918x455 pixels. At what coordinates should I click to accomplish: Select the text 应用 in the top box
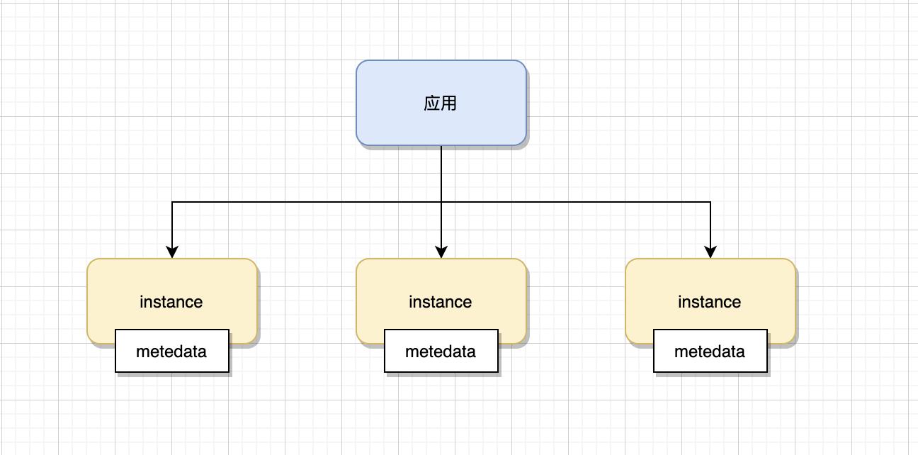(441, 103)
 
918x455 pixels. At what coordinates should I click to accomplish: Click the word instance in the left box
(171, 302)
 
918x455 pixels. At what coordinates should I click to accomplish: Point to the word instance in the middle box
(441, 302)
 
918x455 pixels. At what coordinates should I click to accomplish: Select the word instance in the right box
(710, 302)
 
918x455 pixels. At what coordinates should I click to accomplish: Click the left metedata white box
(172, 351)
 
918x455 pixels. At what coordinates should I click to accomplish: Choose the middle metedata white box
(441, 351)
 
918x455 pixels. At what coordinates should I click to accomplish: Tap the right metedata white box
(710, 351)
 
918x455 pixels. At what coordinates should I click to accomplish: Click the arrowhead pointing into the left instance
(172, 252)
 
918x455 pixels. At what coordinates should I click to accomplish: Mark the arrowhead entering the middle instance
(441, 252)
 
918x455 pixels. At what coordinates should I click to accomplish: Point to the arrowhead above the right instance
(710, 252)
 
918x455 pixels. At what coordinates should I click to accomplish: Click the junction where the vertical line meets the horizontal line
(441, 202)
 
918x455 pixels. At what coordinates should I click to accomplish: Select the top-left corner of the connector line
(172, 202)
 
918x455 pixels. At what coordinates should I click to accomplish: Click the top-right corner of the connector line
(710, 202)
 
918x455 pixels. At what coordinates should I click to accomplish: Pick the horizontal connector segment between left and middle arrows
(305, 202)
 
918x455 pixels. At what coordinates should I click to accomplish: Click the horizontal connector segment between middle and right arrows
(574, 202)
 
